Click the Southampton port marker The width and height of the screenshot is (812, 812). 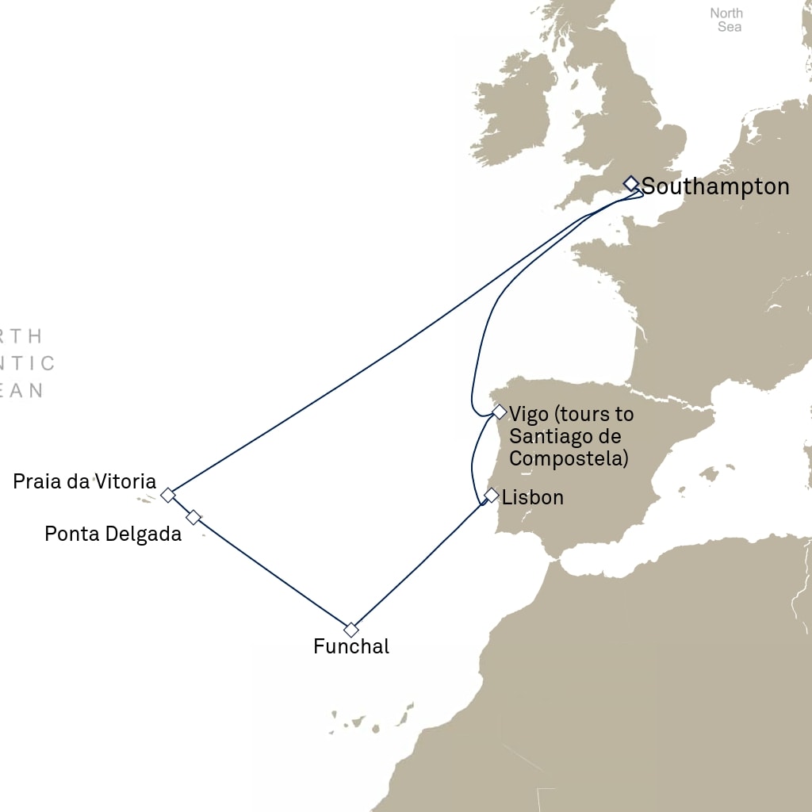(x=630, y=183)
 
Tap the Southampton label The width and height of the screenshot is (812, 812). (x=715, y=187)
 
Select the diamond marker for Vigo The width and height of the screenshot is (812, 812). (x=499, y=412)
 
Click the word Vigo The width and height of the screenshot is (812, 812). (x=527, y=413)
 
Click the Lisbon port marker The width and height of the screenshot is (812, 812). (x=492, y=496)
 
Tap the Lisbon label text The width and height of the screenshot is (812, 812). (x=533, y=497)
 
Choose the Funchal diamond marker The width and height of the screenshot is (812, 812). (x=351, y=630)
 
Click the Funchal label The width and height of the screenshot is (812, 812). (x=351, y=647)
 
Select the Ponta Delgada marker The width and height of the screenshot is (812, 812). (x=193, y=517)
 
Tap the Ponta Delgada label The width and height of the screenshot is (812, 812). (x=113, y=534)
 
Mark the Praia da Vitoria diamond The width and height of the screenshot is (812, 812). (x=167, y=496)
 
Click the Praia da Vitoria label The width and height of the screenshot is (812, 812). (x=84, y=481)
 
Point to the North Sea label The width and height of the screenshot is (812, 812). (x=726, y=20)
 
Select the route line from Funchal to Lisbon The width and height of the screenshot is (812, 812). (x=419, y=566)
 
